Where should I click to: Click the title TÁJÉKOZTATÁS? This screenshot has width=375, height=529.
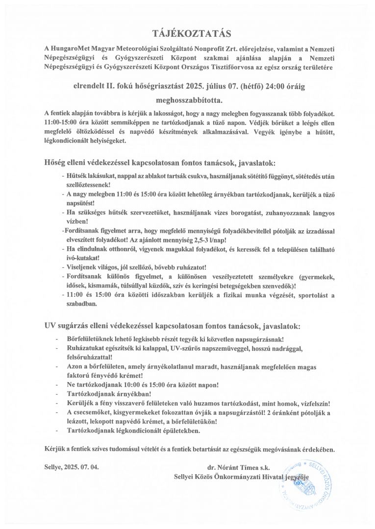pos(187,33)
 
